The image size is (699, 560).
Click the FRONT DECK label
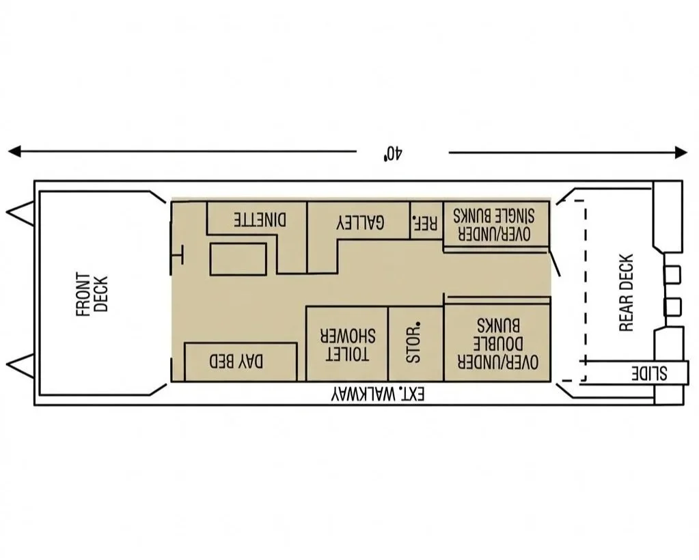point(92,294)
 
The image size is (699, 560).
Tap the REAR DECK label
point(627,293)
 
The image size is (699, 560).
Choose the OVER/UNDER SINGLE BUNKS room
point(496,224)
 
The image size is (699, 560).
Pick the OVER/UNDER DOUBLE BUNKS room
point(497,343)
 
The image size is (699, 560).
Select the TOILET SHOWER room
point(347,343)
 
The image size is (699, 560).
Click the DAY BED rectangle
point(241,362)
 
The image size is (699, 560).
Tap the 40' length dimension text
point(392,152)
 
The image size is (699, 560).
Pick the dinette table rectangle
point(237,259)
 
